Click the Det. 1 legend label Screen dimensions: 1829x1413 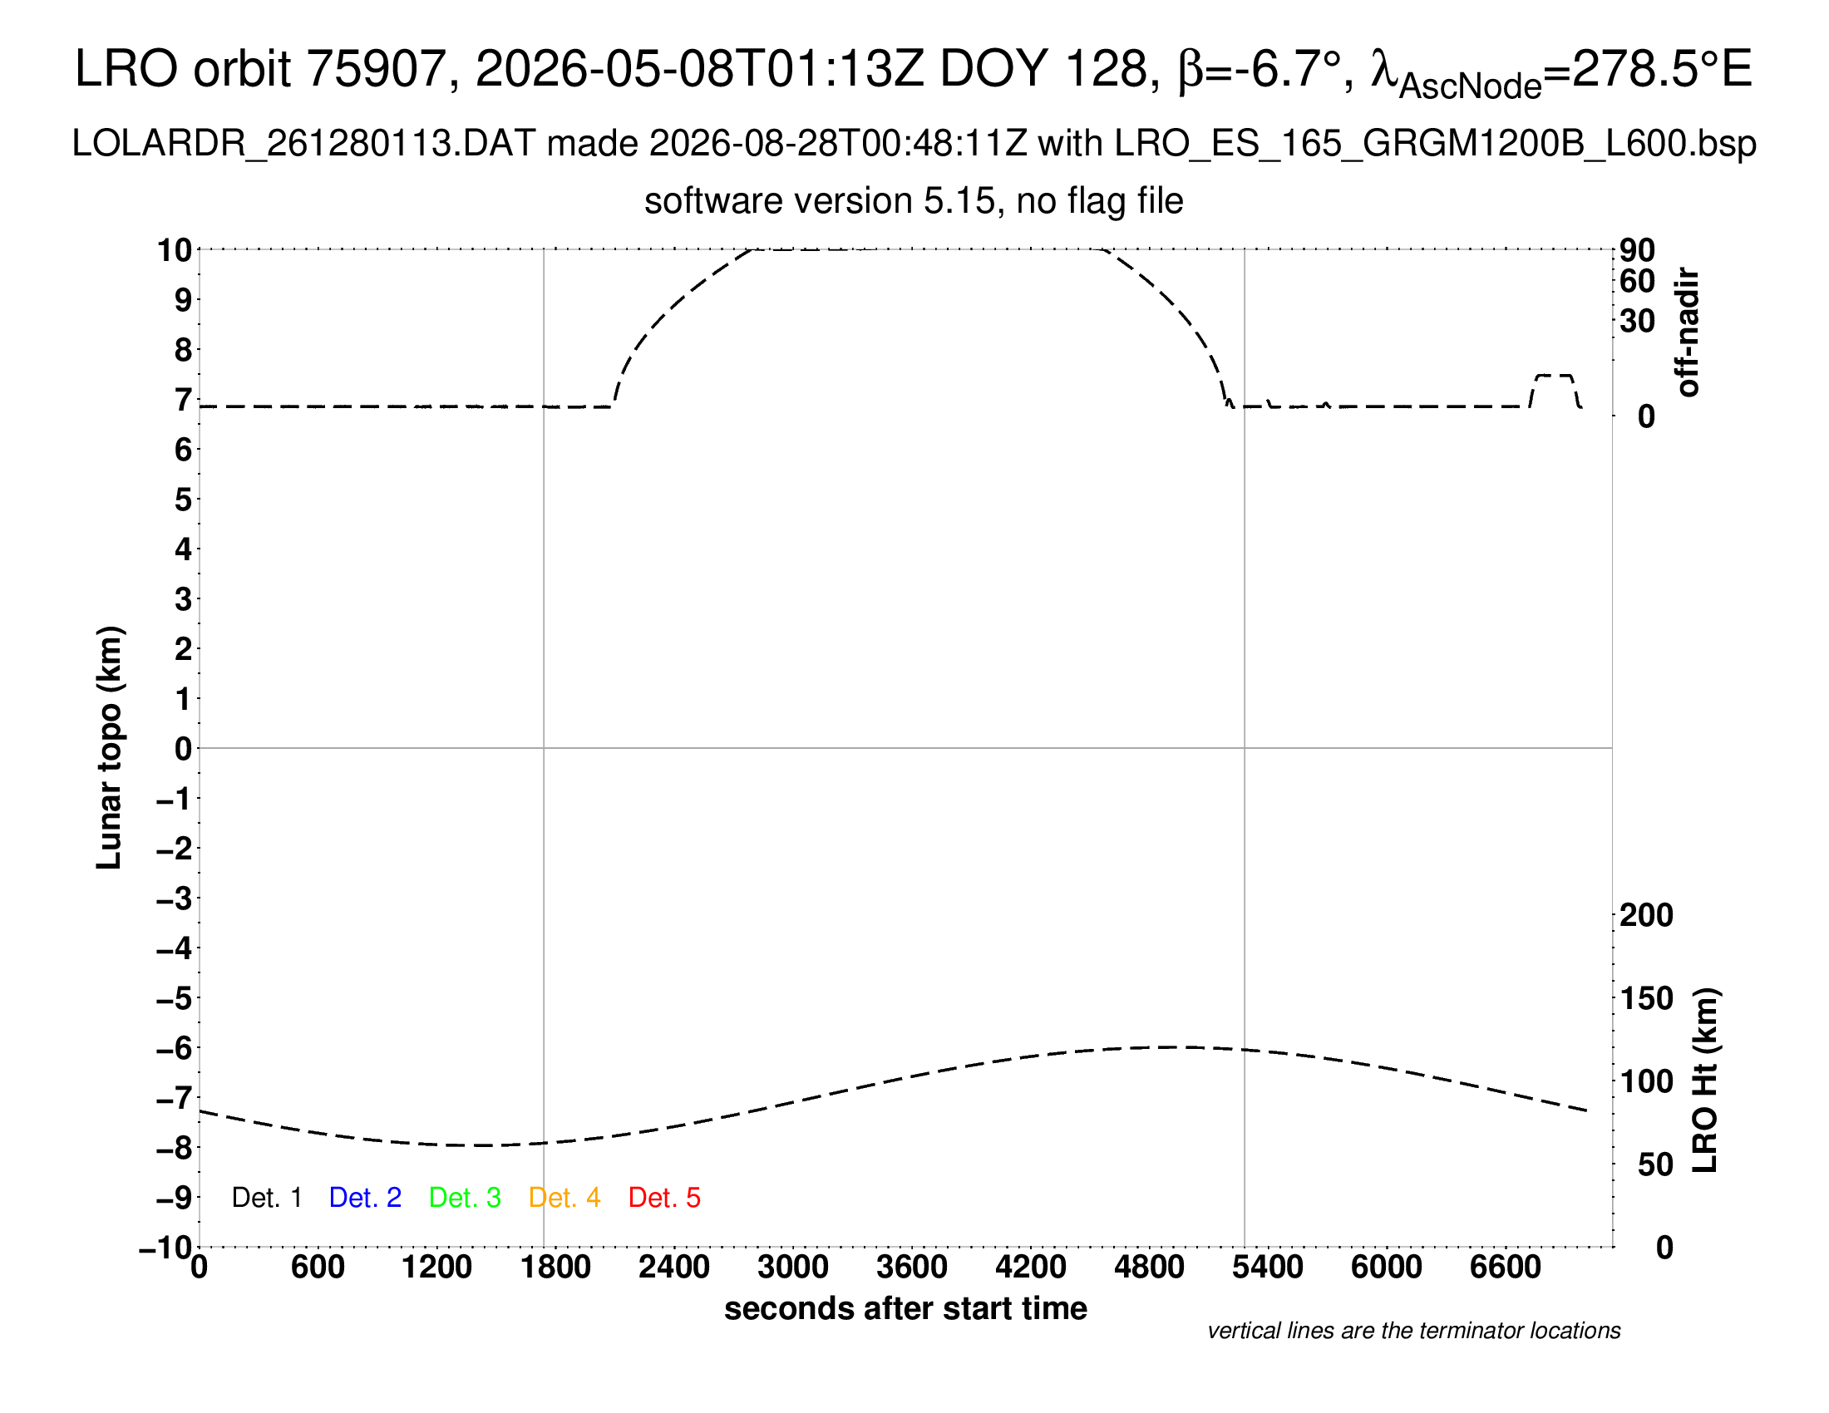[x=266, y=1198]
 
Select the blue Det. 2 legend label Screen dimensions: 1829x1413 [x=365, y=1198]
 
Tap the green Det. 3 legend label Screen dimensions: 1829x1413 [x=465, y=1198]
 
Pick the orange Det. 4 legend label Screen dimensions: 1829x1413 [x=564, y=1198]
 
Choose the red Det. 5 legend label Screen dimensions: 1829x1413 [x=664, y=1198]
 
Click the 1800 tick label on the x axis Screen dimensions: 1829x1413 [x=555, y=1268]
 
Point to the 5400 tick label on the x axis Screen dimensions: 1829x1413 [x=1268, y=1268]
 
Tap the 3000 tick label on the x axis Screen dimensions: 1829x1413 [x=793, y=1268]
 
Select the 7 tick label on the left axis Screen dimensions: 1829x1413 [x=184, y=400]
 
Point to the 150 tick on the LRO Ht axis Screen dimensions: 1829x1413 [x=1646, y=998]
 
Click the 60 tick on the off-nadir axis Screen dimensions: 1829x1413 [x=1637, y=281]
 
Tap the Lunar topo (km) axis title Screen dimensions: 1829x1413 [x=109, y=747]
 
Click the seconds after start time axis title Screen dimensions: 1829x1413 [x=905, y=1308]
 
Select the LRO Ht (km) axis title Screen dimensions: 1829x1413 [x=1705, y=1081]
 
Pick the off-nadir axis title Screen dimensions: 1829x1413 [x=1688, y=332]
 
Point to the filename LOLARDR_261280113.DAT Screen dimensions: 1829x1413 [x=304, y=144]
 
